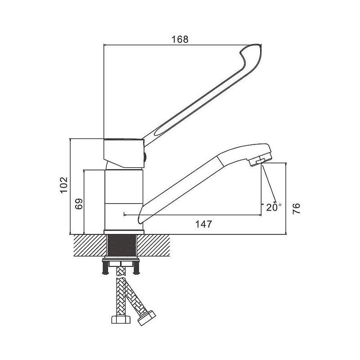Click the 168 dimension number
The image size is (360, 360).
coord(180,39)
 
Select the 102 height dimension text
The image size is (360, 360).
coord(64,185)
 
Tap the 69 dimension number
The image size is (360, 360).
coord(79,204)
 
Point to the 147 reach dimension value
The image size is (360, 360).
coord(204,224)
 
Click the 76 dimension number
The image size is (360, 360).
coord(296,208)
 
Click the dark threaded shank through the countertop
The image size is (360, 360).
coord(122,245)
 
